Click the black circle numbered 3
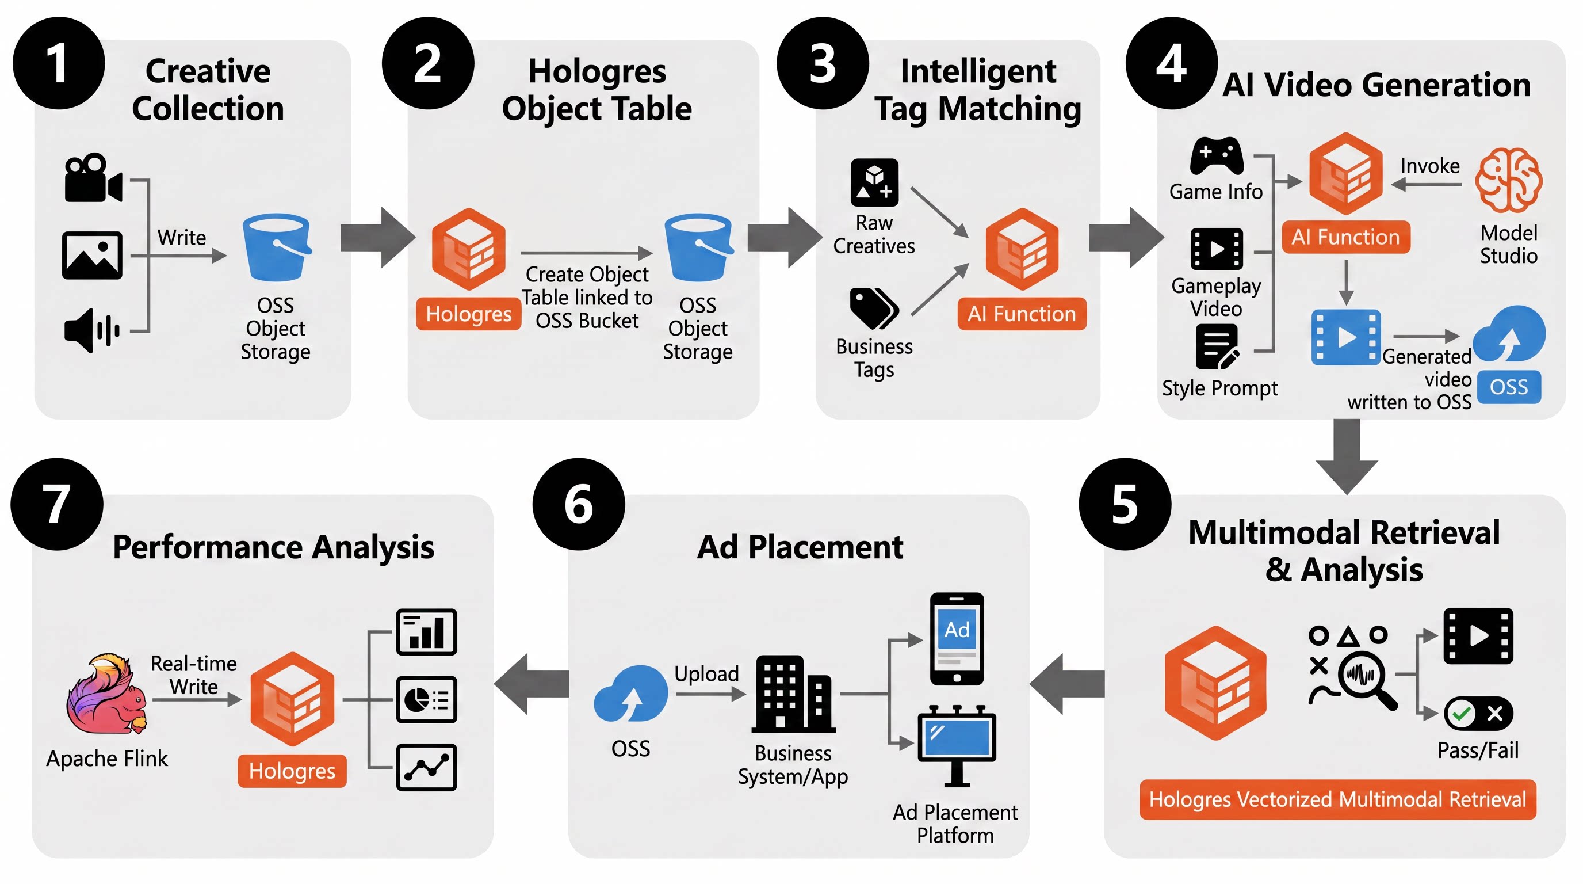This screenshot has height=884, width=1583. pos(822,63)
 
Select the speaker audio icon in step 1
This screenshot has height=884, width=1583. pos(92,331)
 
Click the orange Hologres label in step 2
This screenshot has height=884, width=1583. pos(468,314)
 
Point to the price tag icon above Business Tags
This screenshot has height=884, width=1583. pos(874,308)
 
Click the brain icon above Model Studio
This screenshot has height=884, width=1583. pos(1509,180)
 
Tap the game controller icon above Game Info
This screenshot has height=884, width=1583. pos(1217,156)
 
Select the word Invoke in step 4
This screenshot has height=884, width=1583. pos(1430,166)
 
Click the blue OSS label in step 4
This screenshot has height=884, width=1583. pos(1509,387)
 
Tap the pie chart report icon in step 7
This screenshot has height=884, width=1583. pos(426,700)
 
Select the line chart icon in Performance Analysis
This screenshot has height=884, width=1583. pos(426,767)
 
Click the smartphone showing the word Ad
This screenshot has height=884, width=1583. pos(957,639)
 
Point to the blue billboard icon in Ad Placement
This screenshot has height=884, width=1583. pos(957,746)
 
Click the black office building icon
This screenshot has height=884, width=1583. pos(793,694)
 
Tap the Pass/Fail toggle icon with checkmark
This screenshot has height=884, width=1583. pos(1478,713)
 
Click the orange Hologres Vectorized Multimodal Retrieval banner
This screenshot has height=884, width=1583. pos(1338,800)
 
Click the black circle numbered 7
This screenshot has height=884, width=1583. pos(56,504)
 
